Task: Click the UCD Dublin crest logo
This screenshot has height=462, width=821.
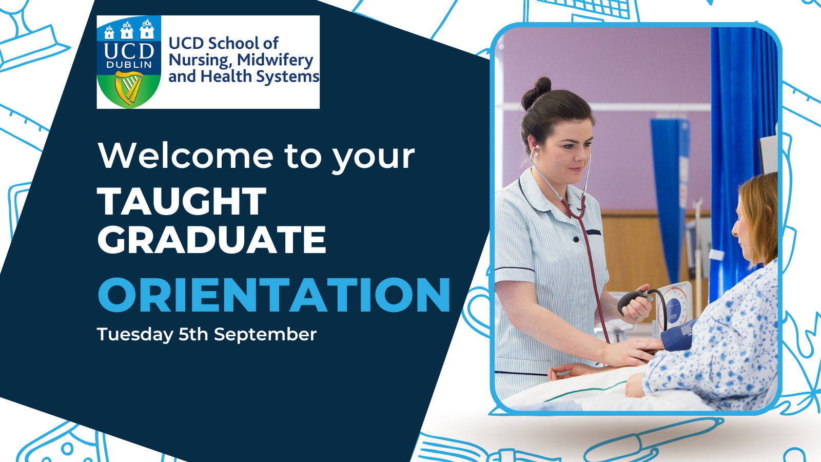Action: [x=129, y=62]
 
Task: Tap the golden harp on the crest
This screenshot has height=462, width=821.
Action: [x=129, y=87]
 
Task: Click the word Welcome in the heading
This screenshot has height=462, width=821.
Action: [x=185, y=156]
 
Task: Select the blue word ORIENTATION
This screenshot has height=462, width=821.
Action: [x=274, y=295]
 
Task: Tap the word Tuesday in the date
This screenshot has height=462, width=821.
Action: [x=135, y=334]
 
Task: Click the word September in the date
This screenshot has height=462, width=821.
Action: [x=265, y=334]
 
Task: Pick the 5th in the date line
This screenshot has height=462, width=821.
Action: [x=193, y=334]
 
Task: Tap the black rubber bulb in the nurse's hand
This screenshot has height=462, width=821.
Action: [x=630, y=301]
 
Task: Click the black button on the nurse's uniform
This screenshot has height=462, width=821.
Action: [x=576, y=239]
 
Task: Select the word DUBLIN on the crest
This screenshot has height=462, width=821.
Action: [x=129, y=65]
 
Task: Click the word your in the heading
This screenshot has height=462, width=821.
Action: [x=374, y=159]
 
